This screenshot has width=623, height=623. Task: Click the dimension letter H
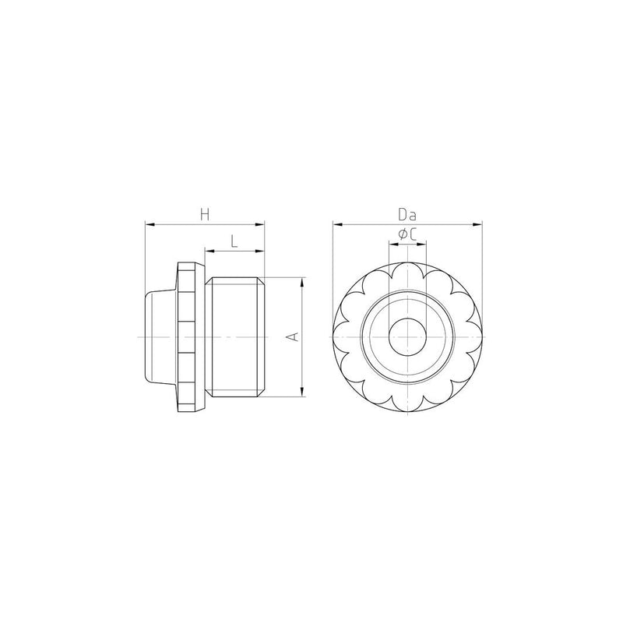tap(205, 215)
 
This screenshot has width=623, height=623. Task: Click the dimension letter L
tap(234, 241)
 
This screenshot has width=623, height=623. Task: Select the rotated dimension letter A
tap(293, 336)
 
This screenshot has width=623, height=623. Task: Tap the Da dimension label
tap(407, 215)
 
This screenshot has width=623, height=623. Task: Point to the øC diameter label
tap(407, 235)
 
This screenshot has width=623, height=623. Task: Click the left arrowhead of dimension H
tap(150, 224)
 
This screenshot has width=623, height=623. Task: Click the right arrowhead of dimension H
tap(259, 224)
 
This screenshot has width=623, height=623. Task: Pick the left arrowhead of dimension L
tap(209, 251)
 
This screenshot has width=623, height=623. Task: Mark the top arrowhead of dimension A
tap(302, 282)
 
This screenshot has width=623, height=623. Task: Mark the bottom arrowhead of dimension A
tap(302, 392)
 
